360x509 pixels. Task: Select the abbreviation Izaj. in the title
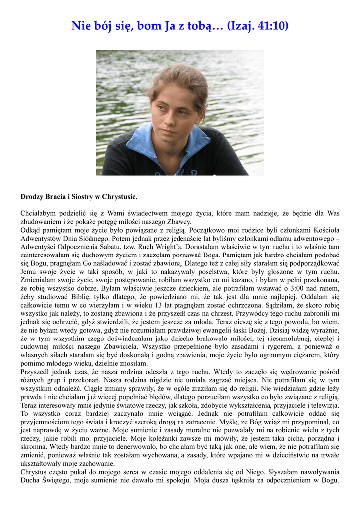click(x=241, y=25)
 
